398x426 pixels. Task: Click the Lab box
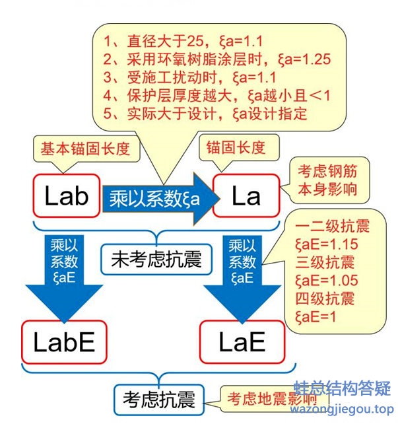tap(66, 195)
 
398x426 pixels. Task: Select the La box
tap(246, 195)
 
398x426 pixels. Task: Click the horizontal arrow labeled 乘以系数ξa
tap(158, 196)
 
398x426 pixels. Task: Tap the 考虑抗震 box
tap(158, 400)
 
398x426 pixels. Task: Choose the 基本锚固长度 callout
tap(85, 147)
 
